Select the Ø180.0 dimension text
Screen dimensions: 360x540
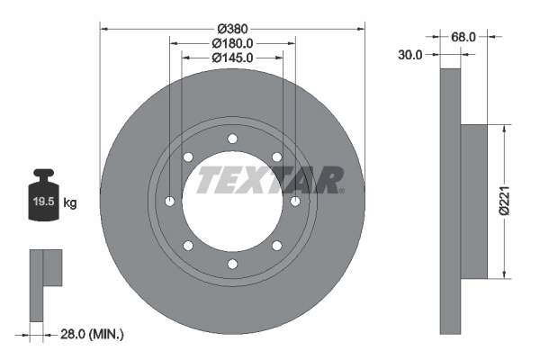(233, 42)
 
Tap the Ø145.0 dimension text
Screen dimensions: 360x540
(233, 57)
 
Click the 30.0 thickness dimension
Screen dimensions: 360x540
(409, 55)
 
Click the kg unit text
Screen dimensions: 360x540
(71, 203)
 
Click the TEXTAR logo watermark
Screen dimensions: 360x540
(269, 179)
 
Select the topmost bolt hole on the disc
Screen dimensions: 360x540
(233, 138)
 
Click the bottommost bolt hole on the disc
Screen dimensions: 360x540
(233, 264)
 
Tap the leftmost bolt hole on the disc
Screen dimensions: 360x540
(170, 201)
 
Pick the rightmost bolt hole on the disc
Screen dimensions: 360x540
(295, 201)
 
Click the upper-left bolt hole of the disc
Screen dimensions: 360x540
(188, 157)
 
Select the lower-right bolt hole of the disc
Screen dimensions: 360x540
(277, 245)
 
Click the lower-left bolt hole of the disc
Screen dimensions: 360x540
(188, 245)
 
